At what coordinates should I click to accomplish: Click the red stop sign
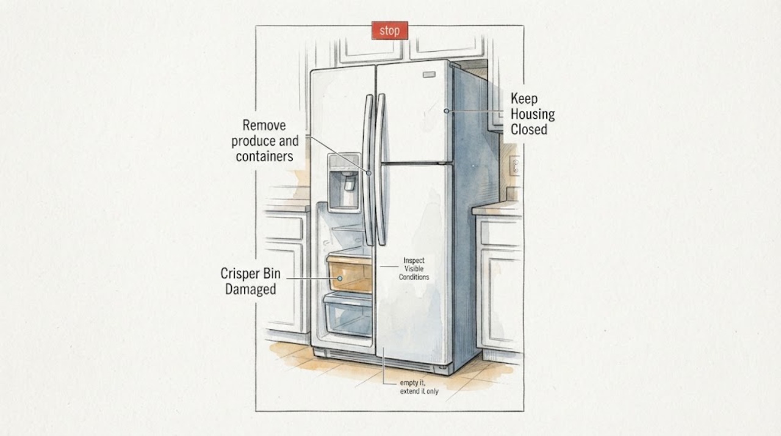389,30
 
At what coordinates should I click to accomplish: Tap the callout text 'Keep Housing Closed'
533,114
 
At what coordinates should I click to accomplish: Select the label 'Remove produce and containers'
265,141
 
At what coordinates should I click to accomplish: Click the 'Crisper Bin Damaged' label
250,281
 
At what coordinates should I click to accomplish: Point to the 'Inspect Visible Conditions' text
414,269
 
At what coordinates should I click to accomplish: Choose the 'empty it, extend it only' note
419,387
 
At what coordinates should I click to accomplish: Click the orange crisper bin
350,274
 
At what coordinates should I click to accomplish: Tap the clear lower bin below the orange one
348,315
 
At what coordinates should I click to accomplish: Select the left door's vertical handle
367,170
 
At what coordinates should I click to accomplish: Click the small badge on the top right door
429,74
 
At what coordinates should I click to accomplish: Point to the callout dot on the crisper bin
340,279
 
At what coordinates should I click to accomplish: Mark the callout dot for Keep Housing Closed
446,111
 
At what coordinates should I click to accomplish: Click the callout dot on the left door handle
369,173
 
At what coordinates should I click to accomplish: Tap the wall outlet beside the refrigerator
515,166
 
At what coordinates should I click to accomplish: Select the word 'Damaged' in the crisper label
250,289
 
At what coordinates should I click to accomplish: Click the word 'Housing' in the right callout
533,114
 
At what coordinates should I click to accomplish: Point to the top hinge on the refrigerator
455,65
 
